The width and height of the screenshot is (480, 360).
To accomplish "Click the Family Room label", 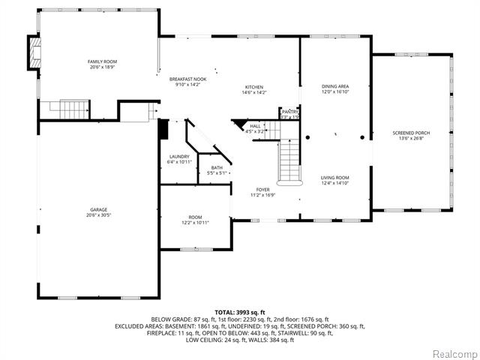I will (x=102, y=61).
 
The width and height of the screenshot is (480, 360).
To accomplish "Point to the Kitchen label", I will (x=254, y=87).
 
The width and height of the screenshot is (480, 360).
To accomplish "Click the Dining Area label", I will (x=334, y=86).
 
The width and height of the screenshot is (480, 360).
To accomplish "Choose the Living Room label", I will (x=334, y=177).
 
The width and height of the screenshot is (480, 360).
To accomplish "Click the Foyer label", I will (x=262, y=190).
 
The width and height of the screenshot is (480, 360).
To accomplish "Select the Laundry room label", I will (x=180, y=157).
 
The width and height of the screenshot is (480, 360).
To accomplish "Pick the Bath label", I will (x=217, y=168).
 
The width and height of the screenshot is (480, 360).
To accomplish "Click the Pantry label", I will (x=289, y=111).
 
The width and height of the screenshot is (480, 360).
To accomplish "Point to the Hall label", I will (x=255, y=126).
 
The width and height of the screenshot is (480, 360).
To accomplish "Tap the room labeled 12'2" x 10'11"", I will (x=195, y=223).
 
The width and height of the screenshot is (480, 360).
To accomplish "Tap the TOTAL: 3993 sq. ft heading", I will (x=240, y=312).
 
